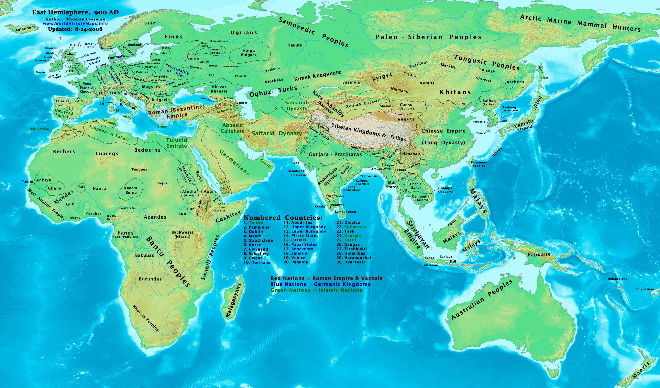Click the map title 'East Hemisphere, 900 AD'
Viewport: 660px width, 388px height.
click(75, 12)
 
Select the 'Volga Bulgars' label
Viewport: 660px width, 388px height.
click(249, 53)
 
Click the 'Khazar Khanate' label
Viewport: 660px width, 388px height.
click(219, 89)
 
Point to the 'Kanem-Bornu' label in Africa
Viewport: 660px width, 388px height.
click(131, 190)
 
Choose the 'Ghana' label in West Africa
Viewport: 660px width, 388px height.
click(54, 188)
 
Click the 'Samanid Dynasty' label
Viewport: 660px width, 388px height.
click(296, 105)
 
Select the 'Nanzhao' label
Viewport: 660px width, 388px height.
click(411, 154)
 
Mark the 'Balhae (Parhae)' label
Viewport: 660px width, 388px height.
click(489, 102)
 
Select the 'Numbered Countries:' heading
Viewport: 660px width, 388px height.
click(283, 218)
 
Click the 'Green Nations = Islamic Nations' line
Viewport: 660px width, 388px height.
click(316, 290)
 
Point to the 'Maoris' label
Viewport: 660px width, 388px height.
click(641, 370)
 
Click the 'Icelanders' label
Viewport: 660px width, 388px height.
click(25, 28)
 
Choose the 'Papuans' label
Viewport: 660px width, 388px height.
click(539, 255)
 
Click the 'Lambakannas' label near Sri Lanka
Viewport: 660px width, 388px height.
click(346, 212)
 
